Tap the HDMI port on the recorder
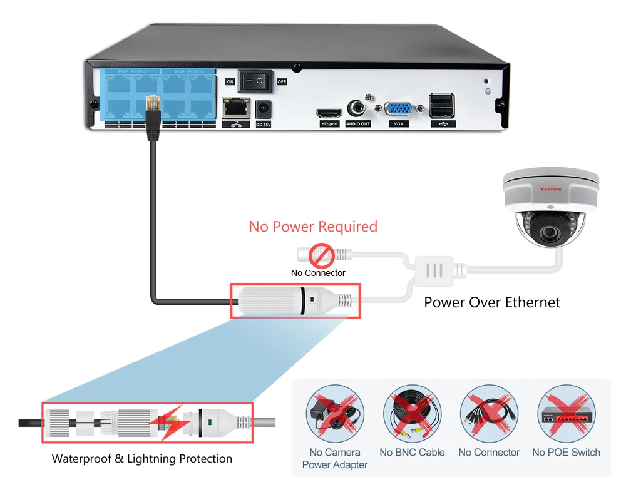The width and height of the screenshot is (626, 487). tap(329, 114)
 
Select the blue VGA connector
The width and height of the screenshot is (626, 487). tap(398, 110)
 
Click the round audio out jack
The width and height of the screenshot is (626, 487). tap(357, 107)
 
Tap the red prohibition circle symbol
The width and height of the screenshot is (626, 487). tap(322, 255)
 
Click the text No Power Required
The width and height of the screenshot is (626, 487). tap(313, 226)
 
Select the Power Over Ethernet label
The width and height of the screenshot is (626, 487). tap(492, 302)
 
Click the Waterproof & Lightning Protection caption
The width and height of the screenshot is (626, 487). tap(142, 459)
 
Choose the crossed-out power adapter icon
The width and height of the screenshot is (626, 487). tap(334, 414)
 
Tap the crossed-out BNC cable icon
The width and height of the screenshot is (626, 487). tap(412, 414)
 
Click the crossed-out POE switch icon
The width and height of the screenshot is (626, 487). tap(566, 414)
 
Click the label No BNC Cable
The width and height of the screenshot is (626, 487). tap(412, 453)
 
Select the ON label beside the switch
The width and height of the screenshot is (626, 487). tap(230, 82)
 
